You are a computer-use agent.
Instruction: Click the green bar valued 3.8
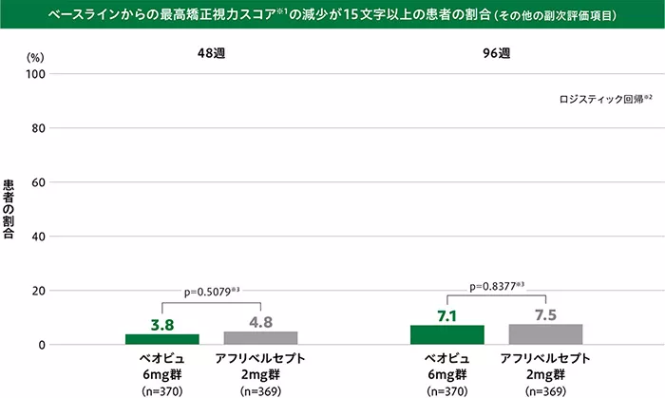(162, 339)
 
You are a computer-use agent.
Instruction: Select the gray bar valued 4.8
(260, 338)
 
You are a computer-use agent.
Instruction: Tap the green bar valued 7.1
(447, 334)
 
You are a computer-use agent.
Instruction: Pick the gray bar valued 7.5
(545, 334)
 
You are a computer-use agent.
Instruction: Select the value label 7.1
(447, 314)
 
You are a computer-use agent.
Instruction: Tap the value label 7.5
(545, 313)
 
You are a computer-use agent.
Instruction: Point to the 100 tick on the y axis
(36, 74)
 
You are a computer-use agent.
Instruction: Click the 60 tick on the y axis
(39, 182)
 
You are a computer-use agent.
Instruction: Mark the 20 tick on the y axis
(39, 291)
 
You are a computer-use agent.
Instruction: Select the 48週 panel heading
(211, 54)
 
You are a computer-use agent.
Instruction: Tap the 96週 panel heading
(496, 54)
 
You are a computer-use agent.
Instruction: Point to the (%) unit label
(35, 57)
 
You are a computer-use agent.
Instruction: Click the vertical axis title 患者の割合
(9, 209)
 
